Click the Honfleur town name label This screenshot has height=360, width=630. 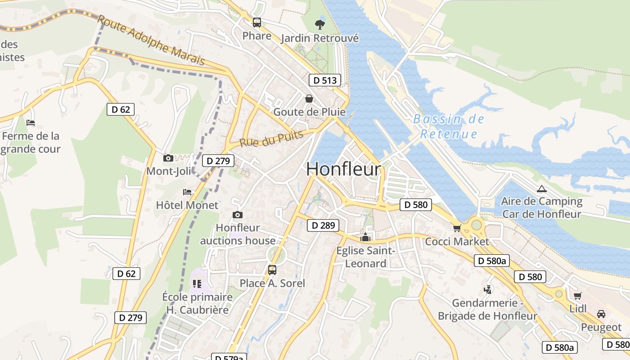pyautogui.click(x=344, y=169)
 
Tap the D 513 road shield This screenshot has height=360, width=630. pyautogui.click(x=324, y=81)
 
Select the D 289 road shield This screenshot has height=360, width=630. pyautogui.click(x=323, y=225)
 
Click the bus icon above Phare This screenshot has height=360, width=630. pyautogui.click(x=257, y=22)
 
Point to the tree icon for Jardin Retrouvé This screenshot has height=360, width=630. pyautogui.click(x=320, y=24)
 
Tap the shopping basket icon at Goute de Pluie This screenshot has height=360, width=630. pyautogui.click(x=309, y=98)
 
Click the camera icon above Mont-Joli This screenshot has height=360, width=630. pyautogui.click(x=168, y=158)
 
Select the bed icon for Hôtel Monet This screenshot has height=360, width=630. pyautogui.click(x=187, y=192)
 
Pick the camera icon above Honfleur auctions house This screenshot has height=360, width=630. pyautogui.click(x=238, y=215)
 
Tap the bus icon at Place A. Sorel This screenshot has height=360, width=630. pyautogui.click(x=272, y=270)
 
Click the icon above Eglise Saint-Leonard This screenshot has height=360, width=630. pyautogui.click(x=365, y=237)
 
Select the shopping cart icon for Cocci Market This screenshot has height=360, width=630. pyautogui.click(x=457, y=228)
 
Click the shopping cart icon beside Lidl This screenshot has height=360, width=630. pyautogui.click(x=577, y=296)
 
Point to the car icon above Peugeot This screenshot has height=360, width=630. pyautogui.click(x=601, y=314)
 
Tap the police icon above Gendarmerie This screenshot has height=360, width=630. pyautogui.click(x=487, y=289)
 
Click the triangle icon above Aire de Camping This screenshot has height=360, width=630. pyautogui.click(x=541, y=189)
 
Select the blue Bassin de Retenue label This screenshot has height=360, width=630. pyautogui.click(x=449, y=126)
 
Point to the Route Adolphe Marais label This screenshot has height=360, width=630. pyautogui.click(x=151, y=40)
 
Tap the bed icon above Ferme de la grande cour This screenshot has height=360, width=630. pyautogui.click(x=31, y=122)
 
